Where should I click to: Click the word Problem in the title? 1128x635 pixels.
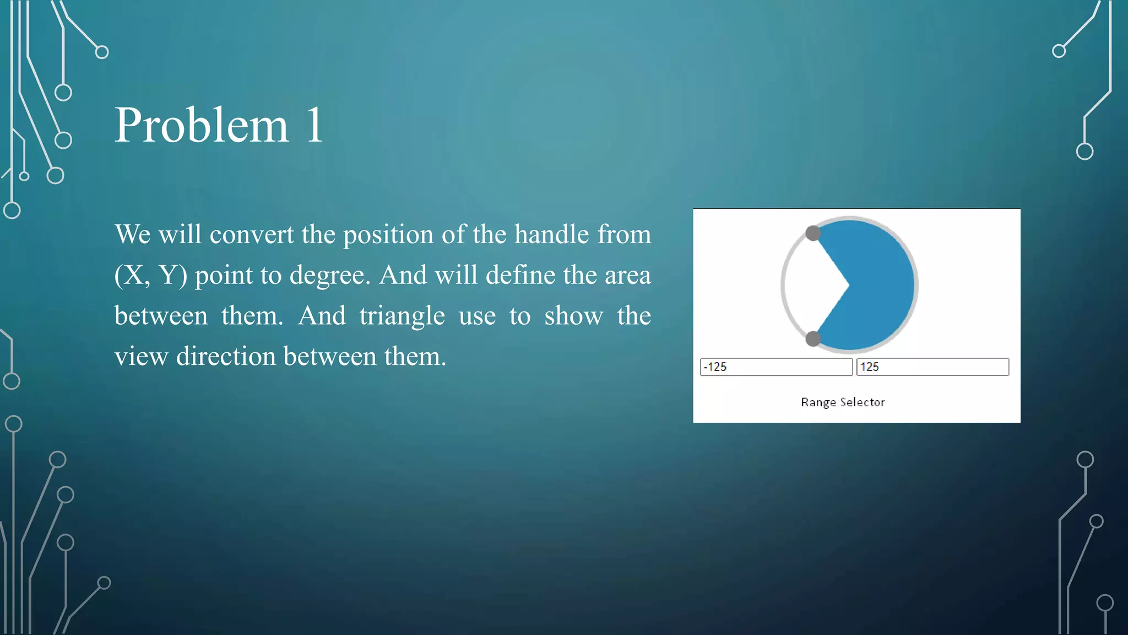coord(201,126)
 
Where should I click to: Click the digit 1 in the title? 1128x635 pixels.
coord(314,126)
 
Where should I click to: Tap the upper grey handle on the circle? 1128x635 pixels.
coord(813,233)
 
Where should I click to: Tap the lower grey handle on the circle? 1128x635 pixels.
coord(813,338)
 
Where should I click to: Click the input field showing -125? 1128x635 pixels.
coord(776,367)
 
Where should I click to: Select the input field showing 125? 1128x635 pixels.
coord(932,367)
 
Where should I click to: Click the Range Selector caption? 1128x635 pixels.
coord(843,402)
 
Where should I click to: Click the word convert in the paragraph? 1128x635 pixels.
coord(251,235)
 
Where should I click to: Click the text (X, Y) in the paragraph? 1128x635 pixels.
coord(150,275)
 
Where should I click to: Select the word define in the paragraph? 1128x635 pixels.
coord(522,275)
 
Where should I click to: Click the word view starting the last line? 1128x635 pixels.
coord(141,357)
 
